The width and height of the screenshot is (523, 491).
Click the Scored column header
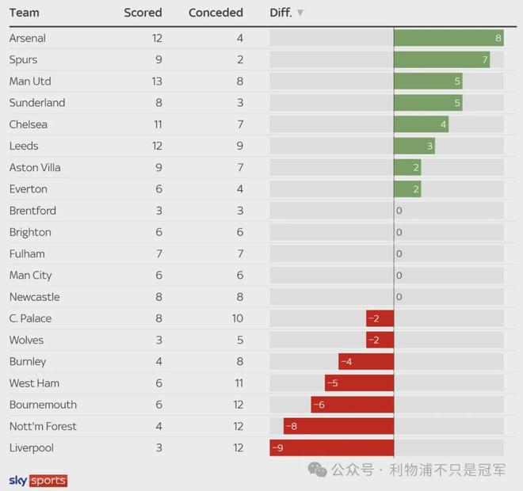[x=143, y=13]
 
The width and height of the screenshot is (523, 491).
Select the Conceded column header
[x=216, y=13]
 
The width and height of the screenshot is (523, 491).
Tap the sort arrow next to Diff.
[x=300, y=13]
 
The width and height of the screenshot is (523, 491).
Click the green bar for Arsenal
[x=449, y=38]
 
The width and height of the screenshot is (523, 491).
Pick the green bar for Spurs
[x=441, y=59]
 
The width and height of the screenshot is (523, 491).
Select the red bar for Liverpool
[x=332, y=448]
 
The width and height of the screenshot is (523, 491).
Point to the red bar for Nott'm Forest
[x=338, y=426]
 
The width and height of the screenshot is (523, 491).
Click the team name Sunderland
[x=37, y=103]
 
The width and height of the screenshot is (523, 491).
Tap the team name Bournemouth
[x=43, y=405]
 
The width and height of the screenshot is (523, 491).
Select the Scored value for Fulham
[x=158, y=254]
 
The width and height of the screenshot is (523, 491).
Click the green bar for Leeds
[x=414, y=146]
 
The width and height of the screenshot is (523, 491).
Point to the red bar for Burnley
[x=366, y=362]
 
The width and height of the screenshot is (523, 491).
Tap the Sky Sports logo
[x=38, y=481]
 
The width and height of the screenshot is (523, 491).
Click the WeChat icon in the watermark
[x=317, y=470]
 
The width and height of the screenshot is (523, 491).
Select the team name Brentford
[x=32, y=211]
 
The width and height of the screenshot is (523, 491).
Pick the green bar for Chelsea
[x=421, y=124]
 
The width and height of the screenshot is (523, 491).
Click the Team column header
[x=24, y=13]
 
